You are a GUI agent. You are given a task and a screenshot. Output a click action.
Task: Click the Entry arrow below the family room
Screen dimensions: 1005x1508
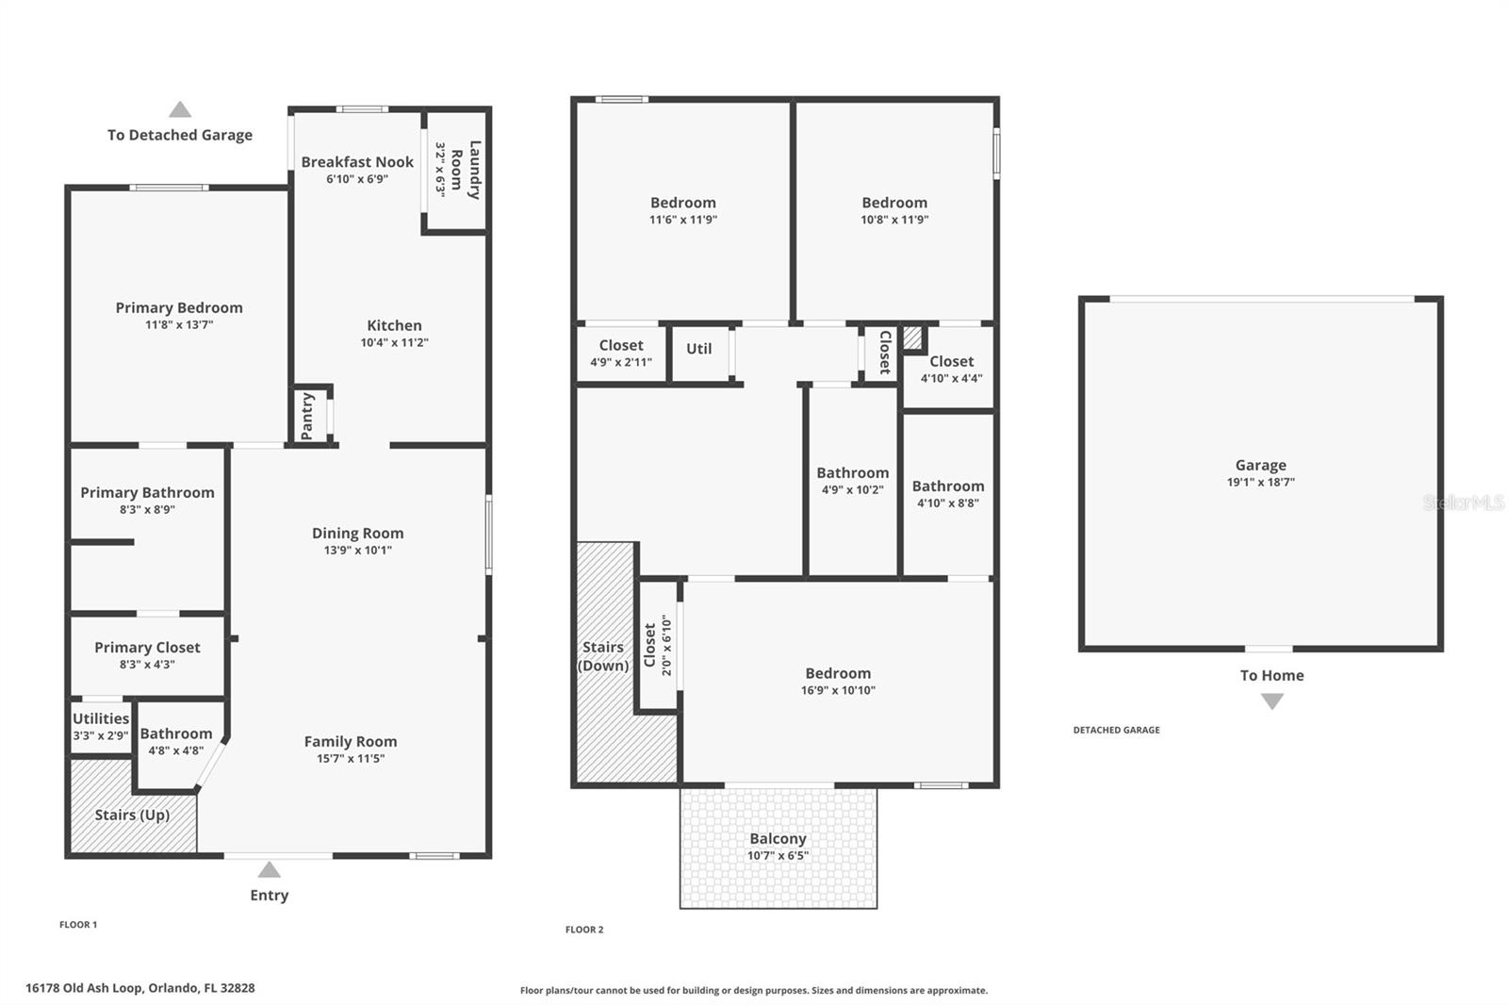coord(270,869)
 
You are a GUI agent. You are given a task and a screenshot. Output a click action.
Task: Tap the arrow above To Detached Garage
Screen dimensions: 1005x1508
coord(180,109)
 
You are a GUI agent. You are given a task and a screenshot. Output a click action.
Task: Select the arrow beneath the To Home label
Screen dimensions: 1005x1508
coord(1272,701)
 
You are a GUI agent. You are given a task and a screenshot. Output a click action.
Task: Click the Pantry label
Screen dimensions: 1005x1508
coord(307,416)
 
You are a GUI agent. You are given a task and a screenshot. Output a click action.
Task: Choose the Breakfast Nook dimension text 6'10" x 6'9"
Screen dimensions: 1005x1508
coord(357,179)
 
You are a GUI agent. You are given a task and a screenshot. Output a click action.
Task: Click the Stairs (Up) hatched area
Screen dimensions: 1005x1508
coord(132,815)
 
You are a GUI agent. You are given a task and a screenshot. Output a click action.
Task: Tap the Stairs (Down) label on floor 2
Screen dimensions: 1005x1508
coord(603,656)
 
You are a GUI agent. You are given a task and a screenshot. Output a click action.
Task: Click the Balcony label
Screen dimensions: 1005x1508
coord(778,838)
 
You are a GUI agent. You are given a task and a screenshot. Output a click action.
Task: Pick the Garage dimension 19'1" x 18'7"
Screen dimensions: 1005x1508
coord(1260,482)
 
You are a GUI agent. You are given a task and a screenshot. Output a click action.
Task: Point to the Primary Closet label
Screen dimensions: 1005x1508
coord(147,648)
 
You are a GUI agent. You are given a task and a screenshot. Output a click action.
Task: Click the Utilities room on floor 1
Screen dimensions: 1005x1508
coord(101,726)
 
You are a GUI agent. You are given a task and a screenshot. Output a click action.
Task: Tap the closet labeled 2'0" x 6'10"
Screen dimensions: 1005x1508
coord(657,646)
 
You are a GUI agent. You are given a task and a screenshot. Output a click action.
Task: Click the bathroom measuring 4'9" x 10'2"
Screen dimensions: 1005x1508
coord(852,481)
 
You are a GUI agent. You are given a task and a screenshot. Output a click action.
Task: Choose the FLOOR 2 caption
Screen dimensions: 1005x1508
coord(584,930)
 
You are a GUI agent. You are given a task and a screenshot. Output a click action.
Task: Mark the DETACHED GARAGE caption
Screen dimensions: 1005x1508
coord(1116,730)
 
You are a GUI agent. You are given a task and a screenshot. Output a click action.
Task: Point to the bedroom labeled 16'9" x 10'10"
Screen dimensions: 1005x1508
coord(838,682)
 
